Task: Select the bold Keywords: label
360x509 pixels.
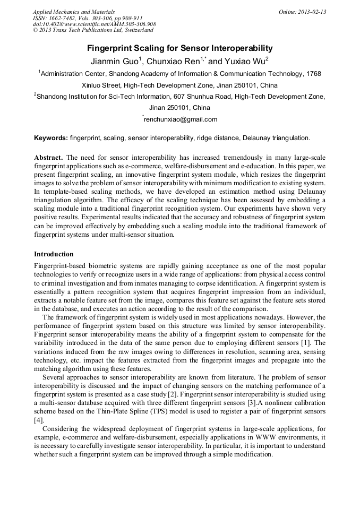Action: [51, 138]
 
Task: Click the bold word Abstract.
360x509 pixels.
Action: [49, 159]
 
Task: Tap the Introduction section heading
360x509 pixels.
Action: [54, 254]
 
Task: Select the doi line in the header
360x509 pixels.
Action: [94, 24]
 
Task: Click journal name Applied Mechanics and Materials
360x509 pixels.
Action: [73, 11]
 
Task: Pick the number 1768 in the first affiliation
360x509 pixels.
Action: [312, 74]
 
